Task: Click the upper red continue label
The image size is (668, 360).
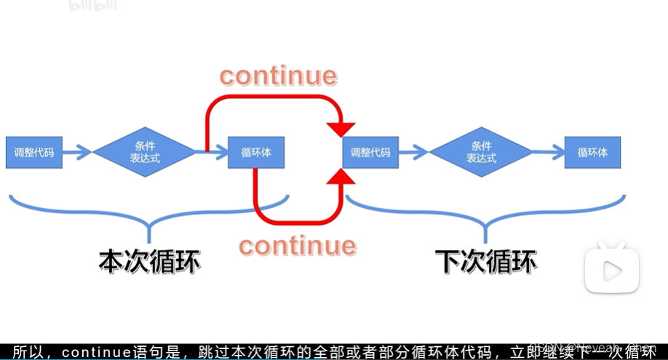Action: click(x=279, y=76)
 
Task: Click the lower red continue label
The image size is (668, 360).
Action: click(x=298, y=245)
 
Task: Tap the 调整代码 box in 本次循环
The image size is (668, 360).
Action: click(x=34, y=153)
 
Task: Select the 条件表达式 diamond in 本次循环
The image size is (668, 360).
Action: click(x=145, y=152)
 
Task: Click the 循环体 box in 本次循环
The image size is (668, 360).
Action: click(x=255, y=153)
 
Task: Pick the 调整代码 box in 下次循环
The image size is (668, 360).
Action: click(x=370, y=153)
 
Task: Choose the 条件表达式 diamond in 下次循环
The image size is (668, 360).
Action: click(x=480, y=152)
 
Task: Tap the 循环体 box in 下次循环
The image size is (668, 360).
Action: click(x=592, y=153)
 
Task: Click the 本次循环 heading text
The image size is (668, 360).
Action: click(x=150, y=260)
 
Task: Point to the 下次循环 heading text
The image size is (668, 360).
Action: click(x=485, y=260)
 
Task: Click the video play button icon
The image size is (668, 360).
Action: click(x=612, y=271)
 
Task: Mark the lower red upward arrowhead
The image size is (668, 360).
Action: click(x=341, y=176)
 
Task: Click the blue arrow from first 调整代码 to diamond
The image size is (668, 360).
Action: click(x=77, y=153)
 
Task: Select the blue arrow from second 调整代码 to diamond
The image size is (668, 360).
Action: click(x=413, y=153)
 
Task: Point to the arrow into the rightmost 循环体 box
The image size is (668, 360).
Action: click(x=549, y=153)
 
